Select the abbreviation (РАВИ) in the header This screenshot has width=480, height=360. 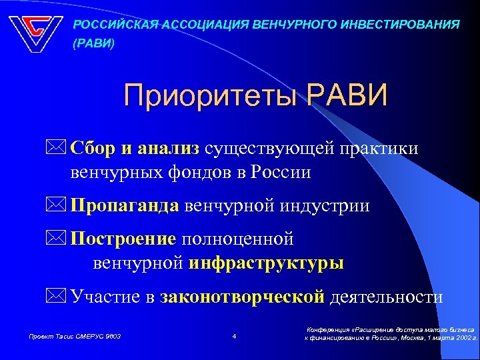[93, 45]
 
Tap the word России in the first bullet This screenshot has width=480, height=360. [281, 173]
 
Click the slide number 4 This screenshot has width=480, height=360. [234, 336]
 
